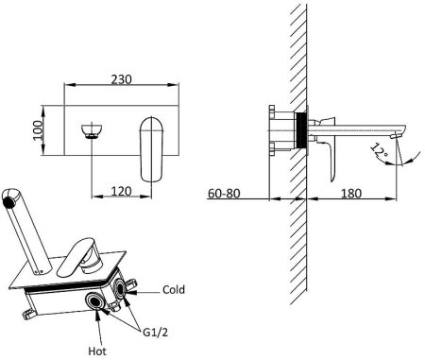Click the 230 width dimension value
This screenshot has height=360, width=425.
(x=121, y=79)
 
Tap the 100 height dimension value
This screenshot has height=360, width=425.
(x=38, y=130)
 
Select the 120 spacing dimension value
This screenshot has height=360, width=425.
(x=121, y=191)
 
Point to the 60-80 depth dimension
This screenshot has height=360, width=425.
(x=224, y=193)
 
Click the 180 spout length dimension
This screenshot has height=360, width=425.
(x=351, y=193)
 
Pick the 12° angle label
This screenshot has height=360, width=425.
(x=379, y=151)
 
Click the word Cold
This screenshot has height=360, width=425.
(x=174, y=289)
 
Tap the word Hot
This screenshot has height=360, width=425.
(x=97, y=351)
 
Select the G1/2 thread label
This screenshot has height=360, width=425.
(x=155, y=333)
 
